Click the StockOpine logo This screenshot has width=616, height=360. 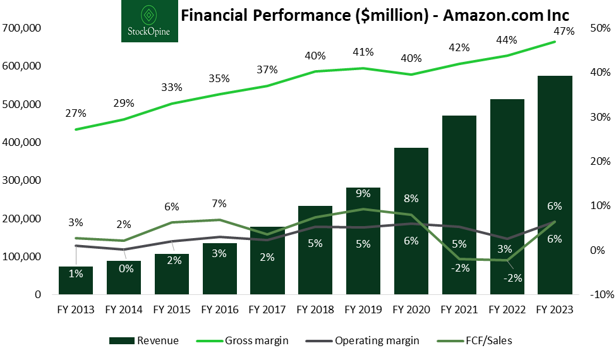[150, 21]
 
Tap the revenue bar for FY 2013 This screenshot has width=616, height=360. [76, 280]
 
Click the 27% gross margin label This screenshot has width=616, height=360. [75, 114]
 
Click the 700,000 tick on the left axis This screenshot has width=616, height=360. [22, 28]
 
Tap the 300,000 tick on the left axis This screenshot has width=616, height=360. [22, 181]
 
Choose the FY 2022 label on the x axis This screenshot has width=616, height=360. [507, 309]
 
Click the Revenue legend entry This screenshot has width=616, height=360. [144, 340]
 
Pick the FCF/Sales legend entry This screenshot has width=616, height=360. [478, 340]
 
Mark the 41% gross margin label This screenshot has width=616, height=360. [363, 52]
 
